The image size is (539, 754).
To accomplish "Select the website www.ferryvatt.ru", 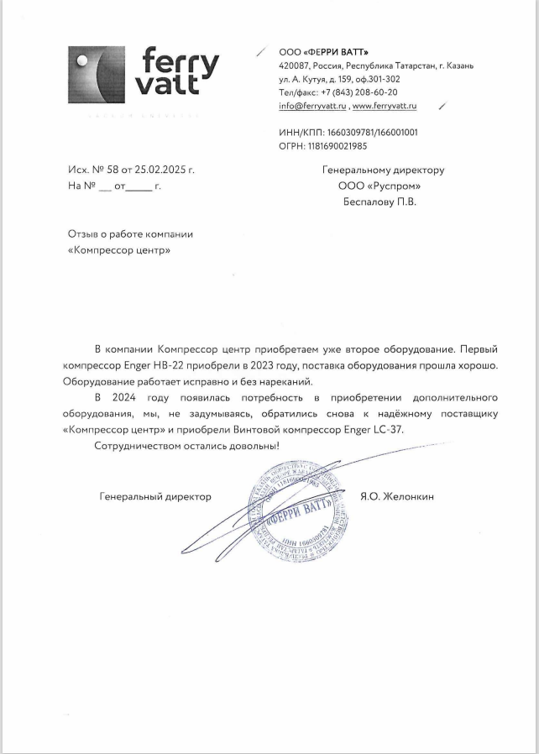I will point(385,107).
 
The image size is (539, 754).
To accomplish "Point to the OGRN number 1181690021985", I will point(338,146).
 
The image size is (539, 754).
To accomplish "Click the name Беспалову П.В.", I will point(379,202).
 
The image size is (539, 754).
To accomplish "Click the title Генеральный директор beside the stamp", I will point(155,496).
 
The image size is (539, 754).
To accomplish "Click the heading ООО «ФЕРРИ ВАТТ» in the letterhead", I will point(323,51).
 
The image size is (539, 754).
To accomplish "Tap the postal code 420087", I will point(293,65).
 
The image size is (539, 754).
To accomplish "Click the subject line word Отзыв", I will point(81,234).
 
